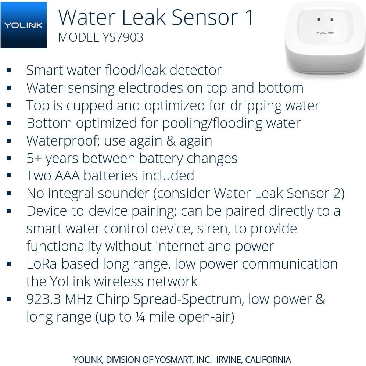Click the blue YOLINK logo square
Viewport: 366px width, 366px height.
[x=24, y=25]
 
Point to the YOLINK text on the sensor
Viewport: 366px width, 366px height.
[x=325, y=33]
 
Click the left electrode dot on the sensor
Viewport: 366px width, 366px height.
[x=319, y=19]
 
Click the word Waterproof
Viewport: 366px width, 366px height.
[x=60, y=141]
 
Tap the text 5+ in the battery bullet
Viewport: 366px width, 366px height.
[x=34, y=158]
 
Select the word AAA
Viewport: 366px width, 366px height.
[x=68, y=176]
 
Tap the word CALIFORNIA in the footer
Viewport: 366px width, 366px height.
[x=268, y=359]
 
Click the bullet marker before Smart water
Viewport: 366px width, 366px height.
[x=9, y=70]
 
